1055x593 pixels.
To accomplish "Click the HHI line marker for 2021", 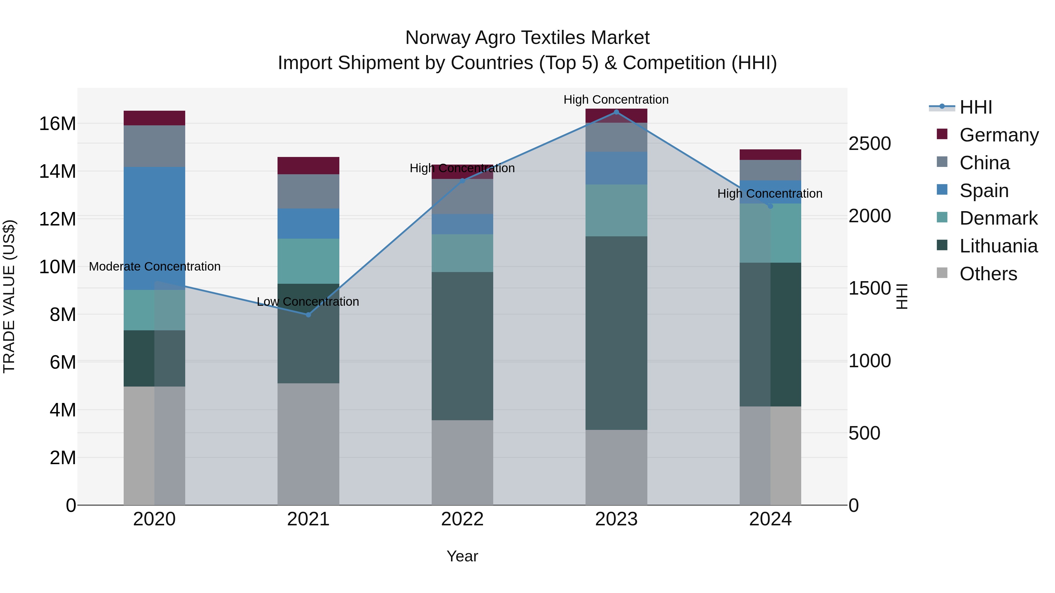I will coord(308,315).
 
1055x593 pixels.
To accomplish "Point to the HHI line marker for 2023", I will coord(616,112).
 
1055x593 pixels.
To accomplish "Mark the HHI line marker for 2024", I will coord(770,206).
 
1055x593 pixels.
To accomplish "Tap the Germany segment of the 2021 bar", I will coord(308,165).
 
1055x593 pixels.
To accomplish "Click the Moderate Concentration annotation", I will coord(154,266).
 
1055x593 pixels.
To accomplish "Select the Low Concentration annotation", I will coord(308,302).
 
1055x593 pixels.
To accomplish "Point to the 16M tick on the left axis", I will coord(57,124).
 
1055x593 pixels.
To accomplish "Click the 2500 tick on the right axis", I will coord(869,144).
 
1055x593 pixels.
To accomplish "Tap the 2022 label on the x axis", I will coord(462,519).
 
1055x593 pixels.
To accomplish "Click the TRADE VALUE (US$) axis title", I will coord(9,296).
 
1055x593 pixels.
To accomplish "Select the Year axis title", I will coord(462,556).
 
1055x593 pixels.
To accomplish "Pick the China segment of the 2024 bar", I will coord(770,170).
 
